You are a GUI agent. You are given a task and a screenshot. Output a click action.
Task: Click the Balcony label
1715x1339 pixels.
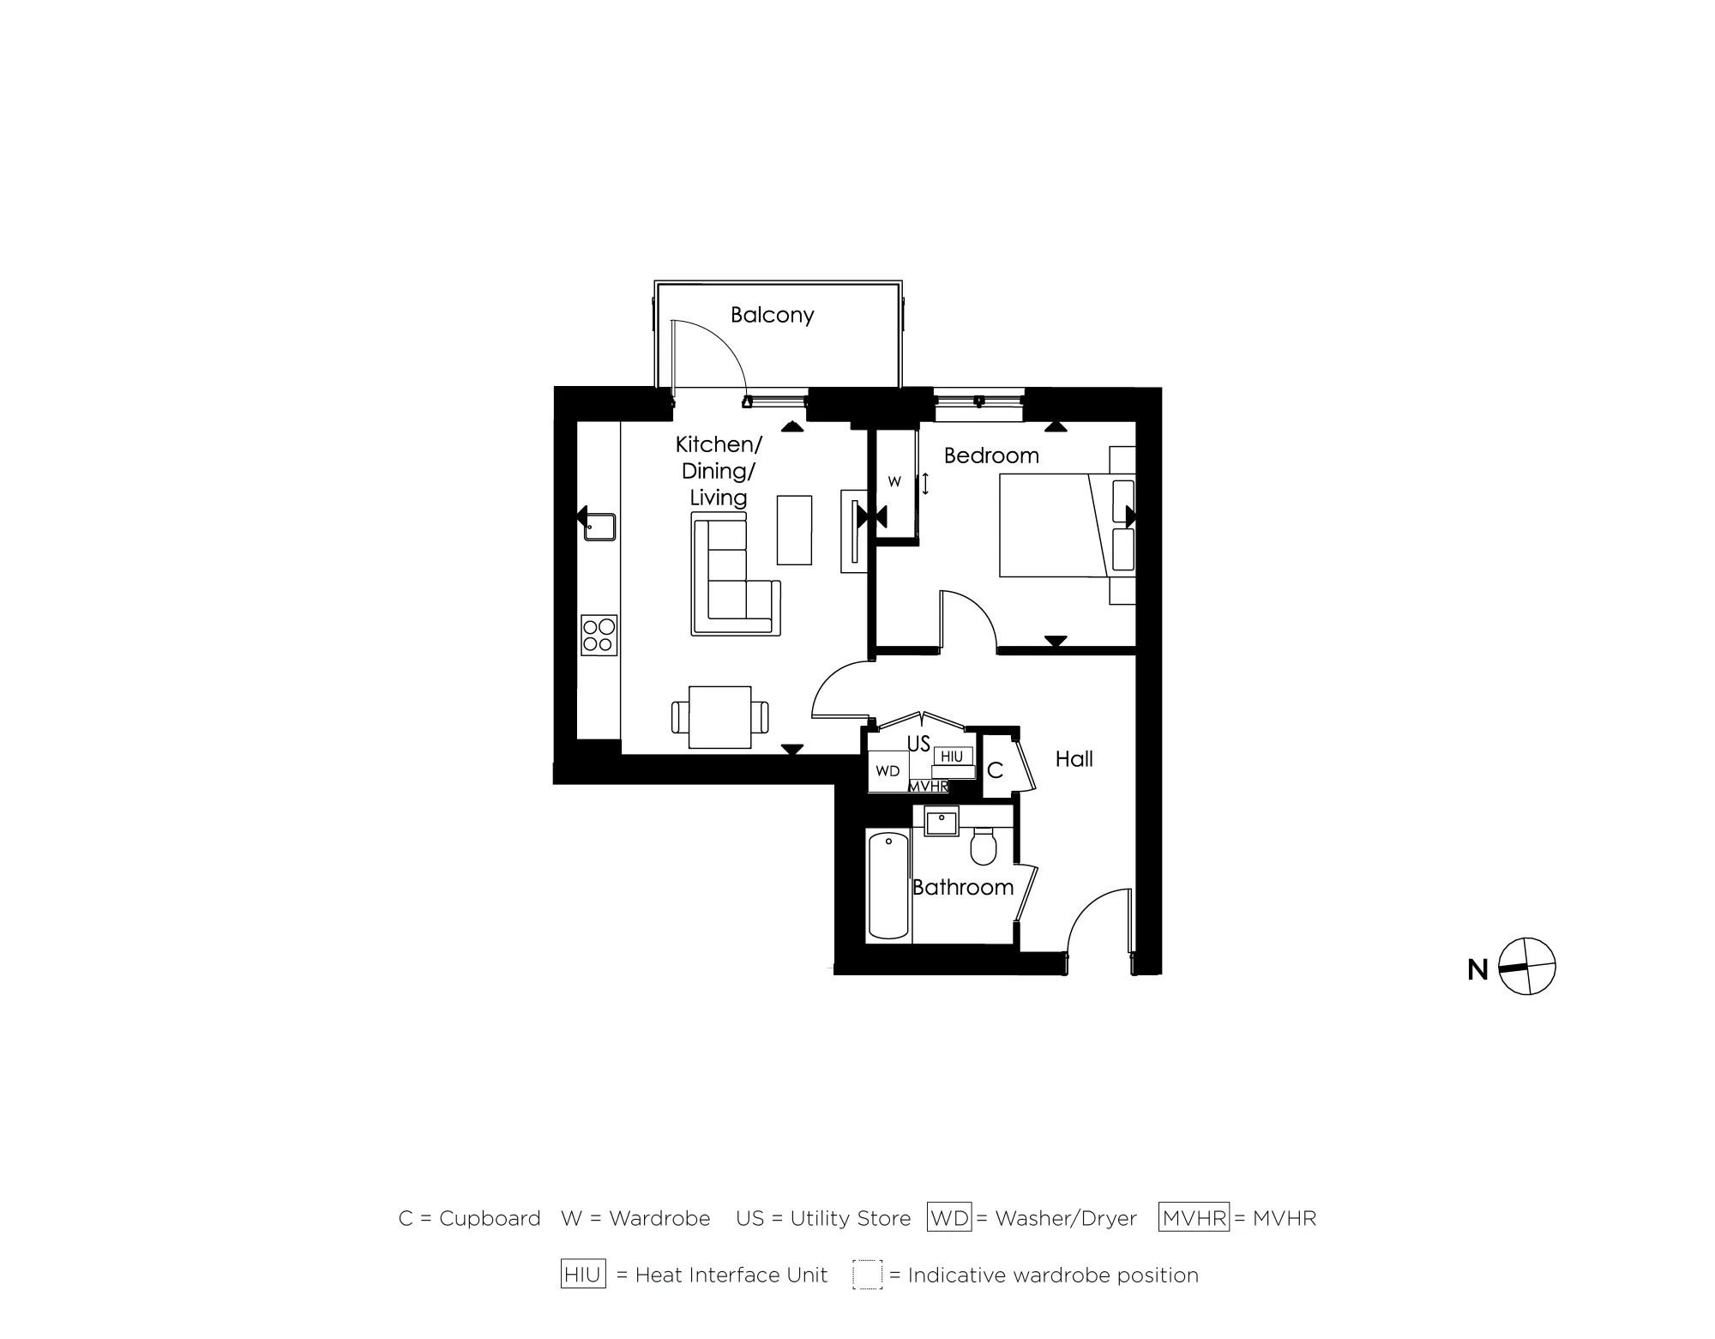pyautogui.click(x=772, y=315)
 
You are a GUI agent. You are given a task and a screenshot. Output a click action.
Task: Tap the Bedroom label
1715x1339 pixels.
pyautogui.click(x=990, y=455)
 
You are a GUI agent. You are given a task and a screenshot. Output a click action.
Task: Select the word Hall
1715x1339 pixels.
pyautogui.click(x=1074, y=759)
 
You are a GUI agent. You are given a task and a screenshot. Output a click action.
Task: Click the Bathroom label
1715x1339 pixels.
pyautogui.click(x=962, y=887)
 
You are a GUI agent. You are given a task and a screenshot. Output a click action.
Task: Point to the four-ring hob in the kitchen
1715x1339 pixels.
pyautogui.click(x=599, y=635)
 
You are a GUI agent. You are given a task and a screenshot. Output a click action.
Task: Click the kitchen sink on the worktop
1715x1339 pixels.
pyautogui.click(x=599, y=527)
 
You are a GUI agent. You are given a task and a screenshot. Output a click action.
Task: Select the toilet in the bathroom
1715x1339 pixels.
pyautogui.click(x=984, y=847)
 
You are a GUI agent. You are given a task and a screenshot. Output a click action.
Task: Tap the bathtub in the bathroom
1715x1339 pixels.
pyautogui.click(x=888, y=884)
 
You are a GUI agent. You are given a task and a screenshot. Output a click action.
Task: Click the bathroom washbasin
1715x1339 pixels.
pyautogui.click(x=941, y=821)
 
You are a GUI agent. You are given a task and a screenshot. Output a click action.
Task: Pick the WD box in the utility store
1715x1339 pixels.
pyautogui.click(x=888, y=771)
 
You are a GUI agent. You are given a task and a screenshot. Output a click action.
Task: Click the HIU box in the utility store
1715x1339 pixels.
pyautogui.click(x=952, y=757)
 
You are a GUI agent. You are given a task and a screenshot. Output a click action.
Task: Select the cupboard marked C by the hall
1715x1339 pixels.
pyautogui.click(x=995, y=770)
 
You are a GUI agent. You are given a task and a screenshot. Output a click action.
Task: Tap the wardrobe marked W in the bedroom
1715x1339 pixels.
pyautogui.click(x=894, y=482)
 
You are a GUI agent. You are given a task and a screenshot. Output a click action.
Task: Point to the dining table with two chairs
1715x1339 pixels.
pyautogui.click(x=719, y=717)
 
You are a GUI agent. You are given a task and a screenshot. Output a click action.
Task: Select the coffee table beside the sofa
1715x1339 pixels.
pyautogui.click(x=794, y=530)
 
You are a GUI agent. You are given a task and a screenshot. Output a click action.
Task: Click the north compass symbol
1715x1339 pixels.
pyautogui.click(x=1526, y=967)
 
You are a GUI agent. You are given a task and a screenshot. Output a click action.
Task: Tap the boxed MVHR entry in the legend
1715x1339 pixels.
pyautogui.click(x=1194, y=1218)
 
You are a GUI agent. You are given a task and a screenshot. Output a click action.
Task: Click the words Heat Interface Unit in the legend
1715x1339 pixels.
pyautogui.click(x=731, y=1276)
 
